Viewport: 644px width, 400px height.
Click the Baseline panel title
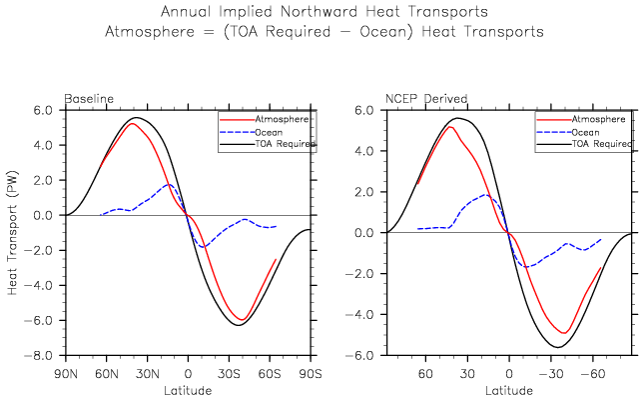pos(89,99)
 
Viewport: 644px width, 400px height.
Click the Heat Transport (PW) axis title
pos(13,232)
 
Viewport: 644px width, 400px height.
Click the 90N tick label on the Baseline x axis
pos(66,372)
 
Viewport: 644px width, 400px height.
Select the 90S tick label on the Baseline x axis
pos(311,372)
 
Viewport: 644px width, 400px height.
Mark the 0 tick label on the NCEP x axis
pos(509,372)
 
